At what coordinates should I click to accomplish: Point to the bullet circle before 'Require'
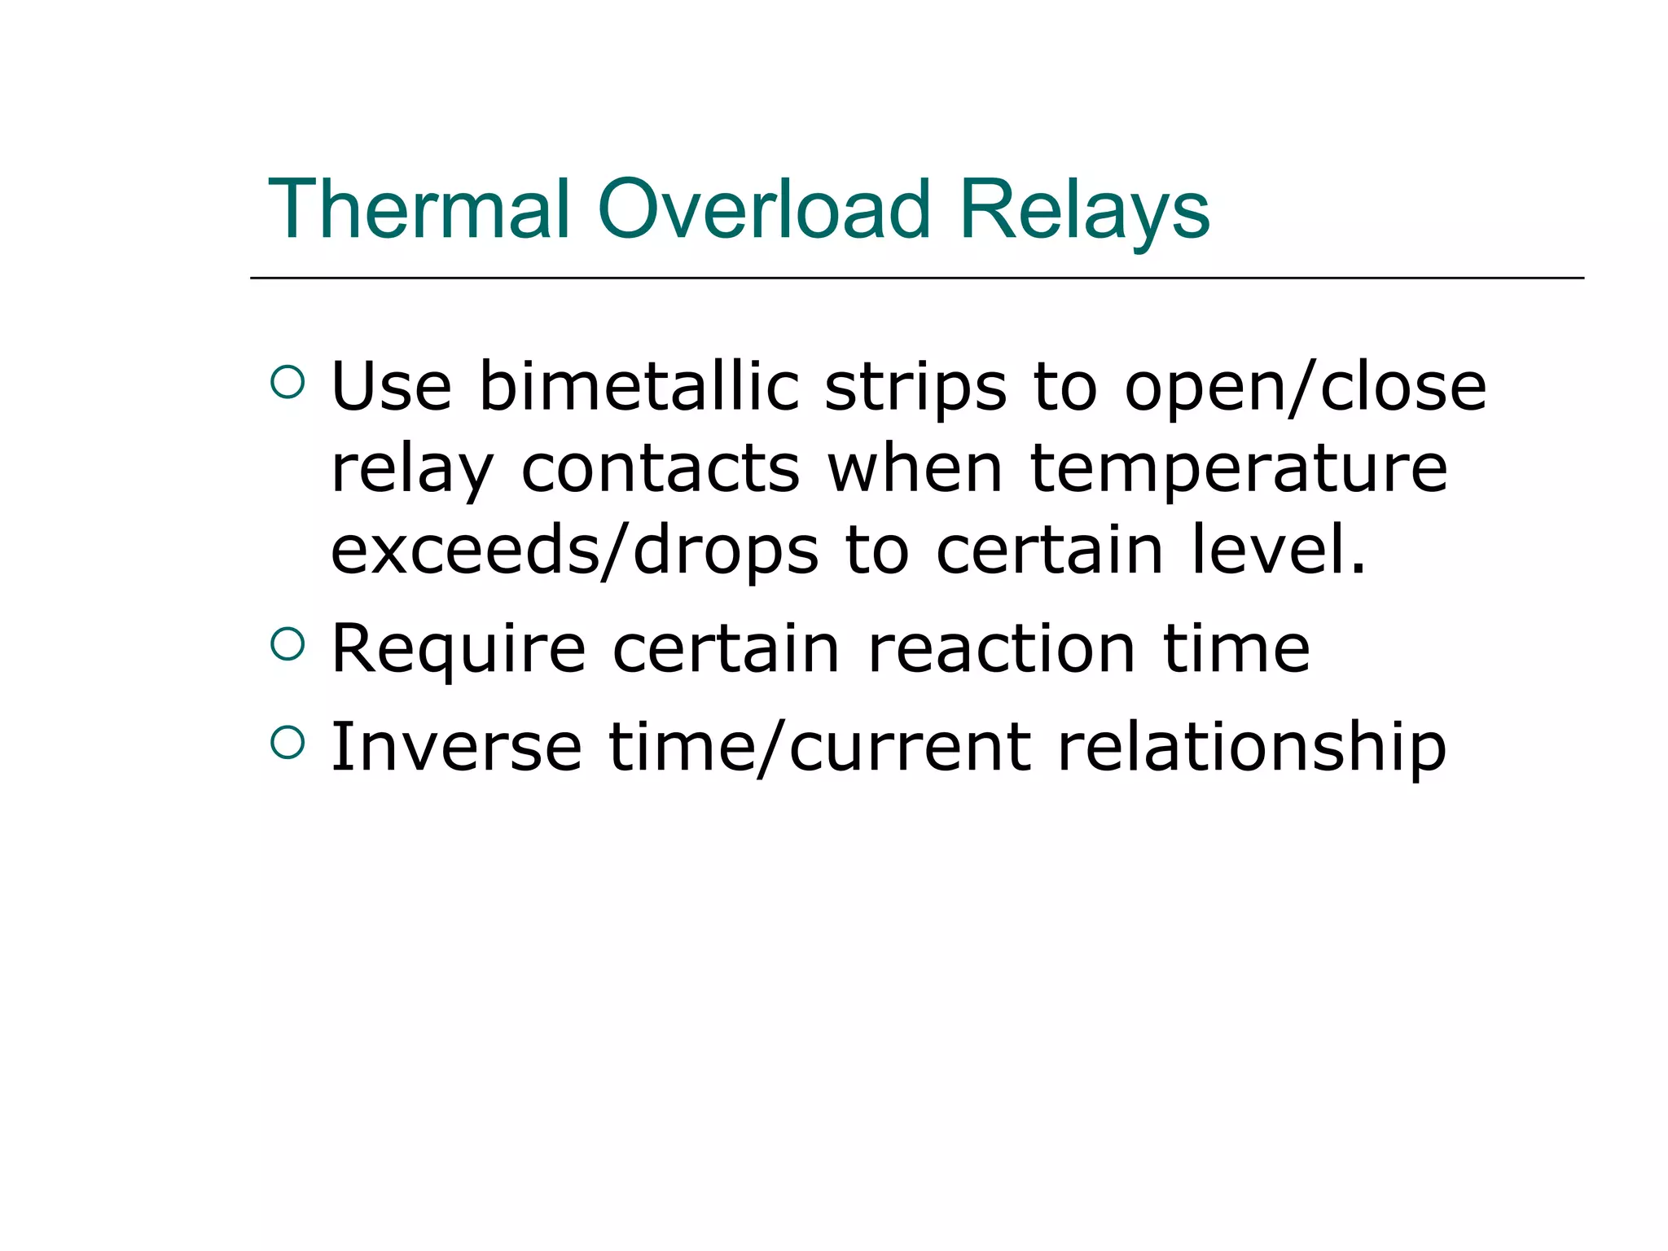[287, 644]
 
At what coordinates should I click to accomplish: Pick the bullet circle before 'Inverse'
[287, 742]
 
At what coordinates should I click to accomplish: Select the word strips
[915, 389]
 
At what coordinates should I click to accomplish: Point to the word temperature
[1239, 471]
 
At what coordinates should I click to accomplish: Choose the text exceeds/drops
[574, 552]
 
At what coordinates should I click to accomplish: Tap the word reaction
[1002, 650]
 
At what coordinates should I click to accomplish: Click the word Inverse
[456, 747]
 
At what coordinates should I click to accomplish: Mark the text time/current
[819, 748]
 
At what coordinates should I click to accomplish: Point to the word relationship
[1251, 748]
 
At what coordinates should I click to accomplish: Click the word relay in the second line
[412, 471]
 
